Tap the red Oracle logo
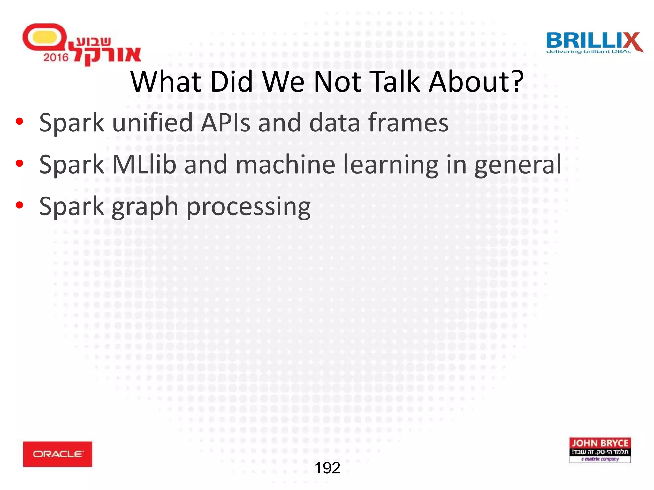pos(57,454)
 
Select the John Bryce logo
pos(600,450)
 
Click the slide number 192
pos(327,468)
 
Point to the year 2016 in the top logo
pos(56,57)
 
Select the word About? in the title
pos(476,82)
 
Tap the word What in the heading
pos(166,82)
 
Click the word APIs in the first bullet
pos(225,123)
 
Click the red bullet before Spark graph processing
pos(19,205)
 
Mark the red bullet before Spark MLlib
pos(19,163)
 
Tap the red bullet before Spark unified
pos(19,122)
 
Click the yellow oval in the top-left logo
pos(44,37)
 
